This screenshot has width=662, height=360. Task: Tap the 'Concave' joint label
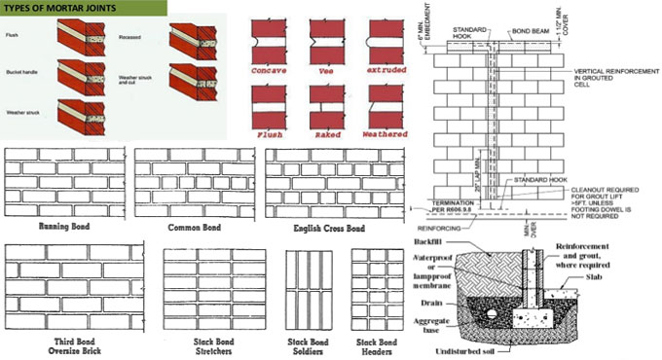tap(274, 73)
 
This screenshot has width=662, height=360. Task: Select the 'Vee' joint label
tap(328, 73)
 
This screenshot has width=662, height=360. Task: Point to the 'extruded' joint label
tap(383, 73)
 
